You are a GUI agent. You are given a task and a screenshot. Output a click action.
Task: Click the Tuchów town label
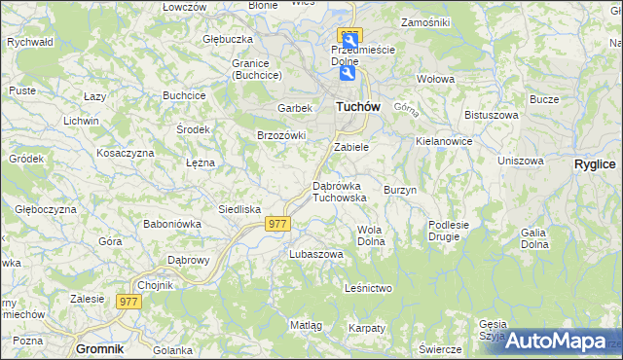click(357, 107)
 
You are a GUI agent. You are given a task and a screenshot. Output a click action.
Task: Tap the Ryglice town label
click(595, 164)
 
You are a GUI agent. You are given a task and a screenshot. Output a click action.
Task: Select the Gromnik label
click(100, 347)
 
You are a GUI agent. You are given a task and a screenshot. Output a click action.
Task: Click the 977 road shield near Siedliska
click(277, 224)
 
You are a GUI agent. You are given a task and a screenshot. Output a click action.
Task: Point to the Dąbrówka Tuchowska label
click(339, 191)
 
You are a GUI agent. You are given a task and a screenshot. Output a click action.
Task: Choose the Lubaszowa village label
click(316, 254)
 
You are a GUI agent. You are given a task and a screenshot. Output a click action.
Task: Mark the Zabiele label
click(351, 147)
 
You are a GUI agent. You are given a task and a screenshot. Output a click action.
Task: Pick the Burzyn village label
click(400, 190)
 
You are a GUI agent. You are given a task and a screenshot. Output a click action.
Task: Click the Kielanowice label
click(444, 141)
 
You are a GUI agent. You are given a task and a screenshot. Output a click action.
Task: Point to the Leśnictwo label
click(368, 288)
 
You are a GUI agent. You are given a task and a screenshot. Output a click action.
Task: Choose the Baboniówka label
click(171, 223)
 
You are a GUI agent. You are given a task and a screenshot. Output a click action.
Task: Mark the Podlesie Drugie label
click(449, 230)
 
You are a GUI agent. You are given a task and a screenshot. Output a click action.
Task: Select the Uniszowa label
click(519, 161)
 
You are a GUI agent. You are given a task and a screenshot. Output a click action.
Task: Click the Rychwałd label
click(29, 43)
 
